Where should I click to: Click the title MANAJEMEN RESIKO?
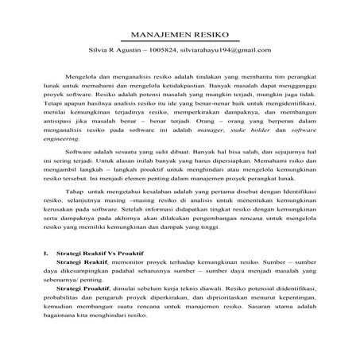click(x=180, y=36)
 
